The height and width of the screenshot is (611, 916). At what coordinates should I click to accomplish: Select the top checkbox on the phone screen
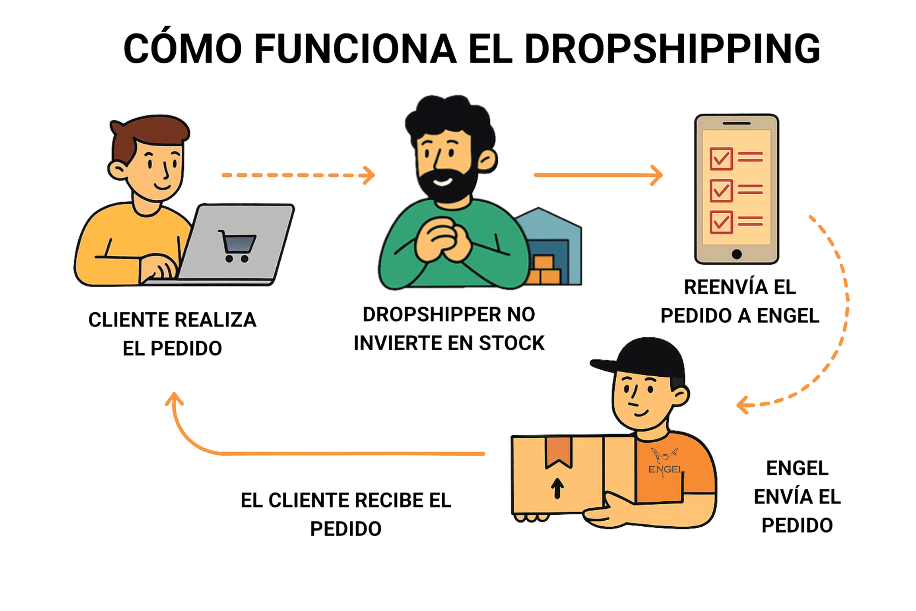point(721,159)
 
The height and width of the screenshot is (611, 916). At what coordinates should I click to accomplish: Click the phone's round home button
point(736,253)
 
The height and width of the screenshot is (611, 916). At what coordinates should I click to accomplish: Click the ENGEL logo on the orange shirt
point(666,463)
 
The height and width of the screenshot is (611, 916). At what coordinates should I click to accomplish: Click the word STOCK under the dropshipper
point(512,343)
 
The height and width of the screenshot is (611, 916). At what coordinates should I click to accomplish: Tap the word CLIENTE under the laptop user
point(128,320)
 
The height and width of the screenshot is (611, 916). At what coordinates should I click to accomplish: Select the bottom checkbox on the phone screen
point(721,222)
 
